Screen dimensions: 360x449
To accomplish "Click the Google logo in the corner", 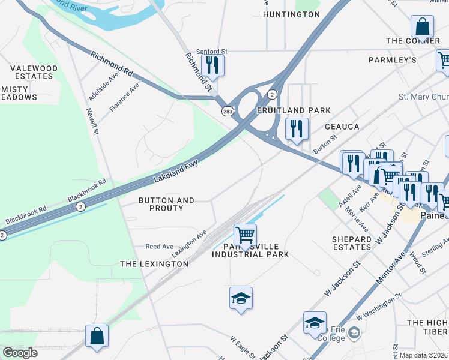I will tap(20, 353).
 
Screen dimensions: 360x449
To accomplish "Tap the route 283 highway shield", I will tap(228, 111).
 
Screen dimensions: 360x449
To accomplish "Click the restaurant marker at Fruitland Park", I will tap(297, 129).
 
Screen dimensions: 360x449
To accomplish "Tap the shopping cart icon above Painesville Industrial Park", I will tap(245, 235).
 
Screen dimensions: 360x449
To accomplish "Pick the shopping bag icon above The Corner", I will tap(422, 27).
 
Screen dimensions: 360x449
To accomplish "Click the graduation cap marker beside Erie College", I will tap(315, 323).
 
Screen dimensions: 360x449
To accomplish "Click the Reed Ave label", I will tap(160, 247).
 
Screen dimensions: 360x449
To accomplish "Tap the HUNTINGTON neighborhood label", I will tap(292, 14).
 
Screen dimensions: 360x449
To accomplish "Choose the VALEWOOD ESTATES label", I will tap(34, 73).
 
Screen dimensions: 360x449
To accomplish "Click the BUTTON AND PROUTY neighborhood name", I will tap(166, 204).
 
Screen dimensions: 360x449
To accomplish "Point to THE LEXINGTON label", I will tap(154, 264).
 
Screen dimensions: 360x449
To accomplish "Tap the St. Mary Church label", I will tap(424, 97).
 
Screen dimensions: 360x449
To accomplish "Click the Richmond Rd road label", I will tap(112, 62).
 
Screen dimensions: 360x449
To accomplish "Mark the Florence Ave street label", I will tap(124, 97).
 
